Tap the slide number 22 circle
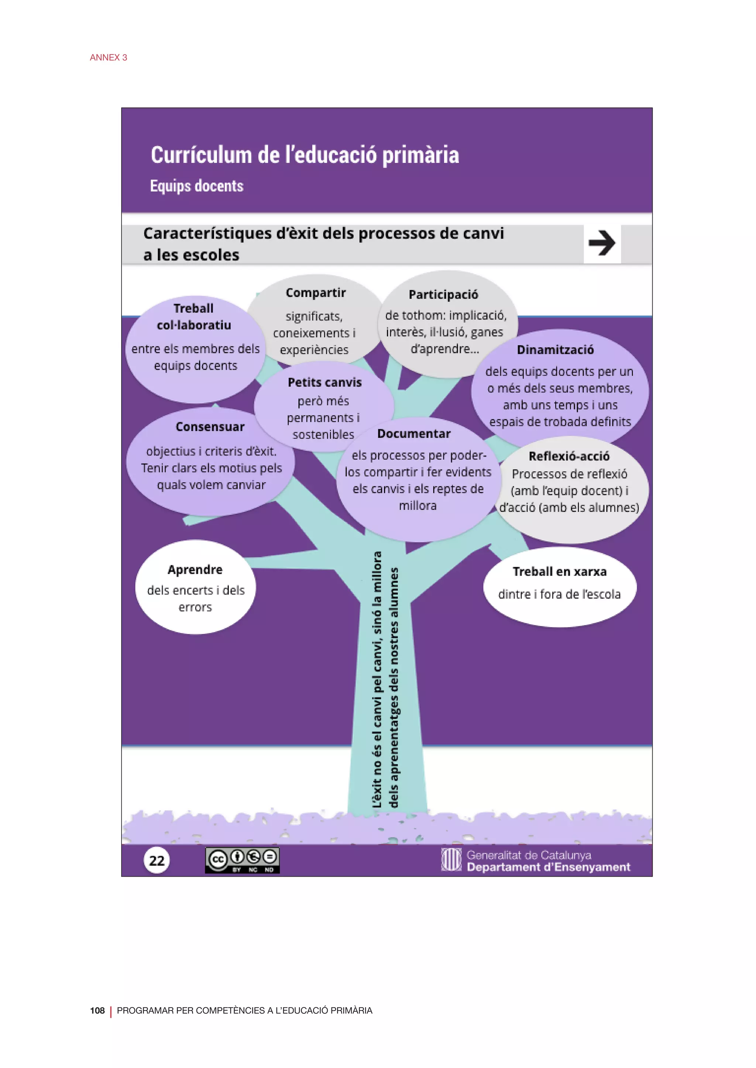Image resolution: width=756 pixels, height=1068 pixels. [x=157, y=860]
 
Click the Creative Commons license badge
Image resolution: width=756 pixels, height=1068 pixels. [x=242, y=860]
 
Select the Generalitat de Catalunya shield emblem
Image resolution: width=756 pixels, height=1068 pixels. [x=451, y=860]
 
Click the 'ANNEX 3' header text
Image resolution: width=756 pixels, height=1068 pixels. [x=109, y=57]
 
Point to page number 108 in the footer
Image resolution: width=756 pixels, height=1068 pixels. [x=97, y=1010]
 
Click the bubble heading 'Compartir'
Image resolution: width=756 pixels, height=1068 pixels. [x=316, y=292]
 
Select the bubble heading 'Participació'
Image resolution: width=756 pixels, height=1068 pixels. [x=443, y=294]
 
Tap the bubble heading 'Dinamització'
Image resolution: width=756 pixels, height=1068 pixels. [x=555, y=350]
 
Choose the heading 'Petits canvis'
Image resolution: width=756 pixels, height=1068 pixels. [x=324, y=382]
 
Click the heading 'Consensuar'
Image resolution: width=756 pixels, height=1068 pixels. [x=210, y=427]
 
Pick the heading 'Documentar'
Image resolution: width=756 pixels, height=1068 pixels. [x=414, y=434]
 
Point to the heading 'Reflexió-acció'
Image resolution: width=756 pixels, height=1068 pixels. [x=569, y=456]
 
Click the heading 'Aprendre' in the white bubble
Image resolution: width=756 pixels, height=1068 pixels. [x=195, y=569]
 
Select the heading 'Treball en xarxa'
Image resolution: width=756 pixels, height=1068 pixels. [x=560, y=571]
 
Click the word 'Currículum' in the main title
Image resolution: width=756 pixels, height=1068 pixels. [x=201, y=155]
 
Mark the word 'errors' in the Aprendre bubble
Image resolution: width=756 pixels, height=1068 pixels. [x=195, y=607]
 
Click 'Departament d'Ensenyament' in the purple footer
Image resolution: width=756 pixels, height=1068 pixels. [x=549, y=867]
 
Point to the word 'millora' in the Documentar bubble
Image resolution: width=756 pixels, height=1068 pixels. [x=417, y=506]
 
